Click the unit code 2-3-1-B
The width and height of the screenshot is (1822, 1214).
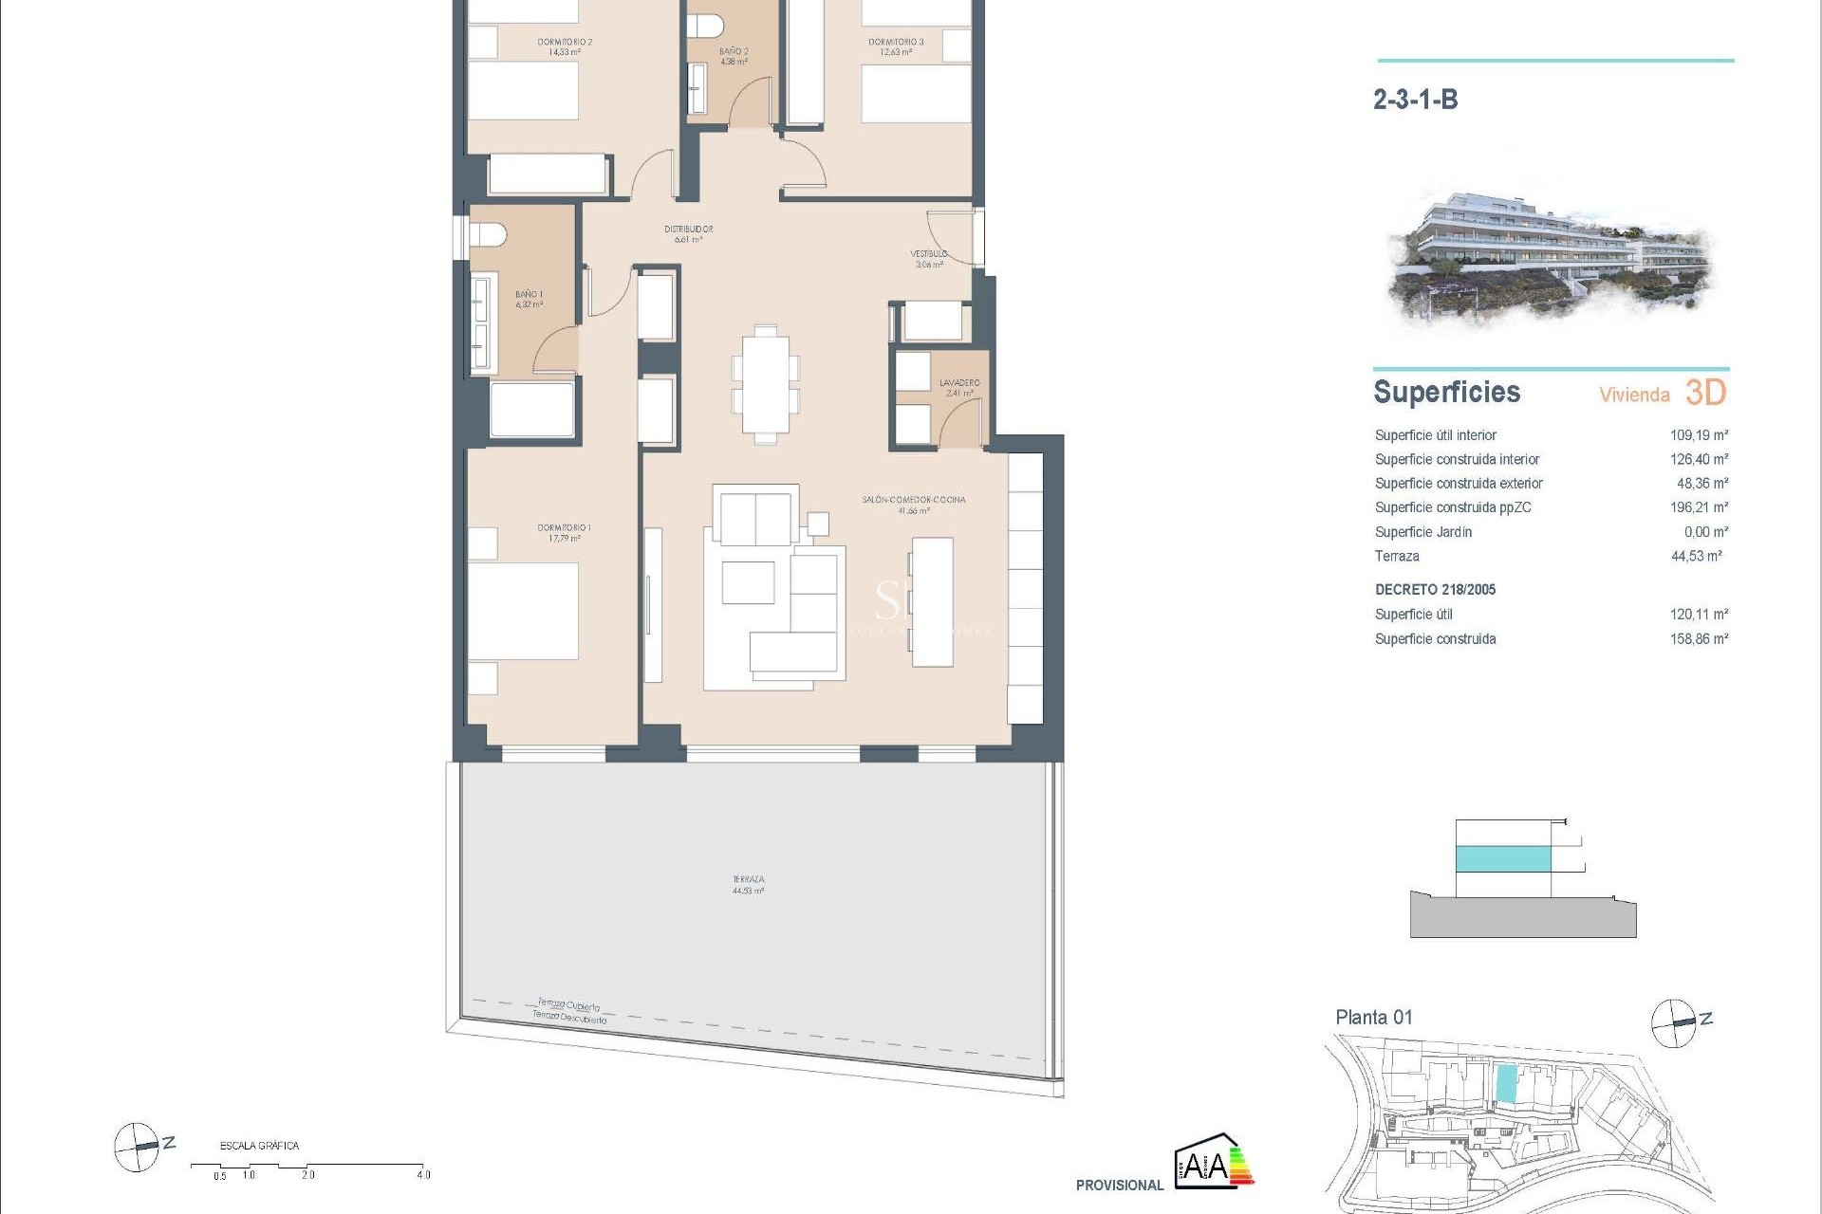pyautogui.click(x=1415, y=100)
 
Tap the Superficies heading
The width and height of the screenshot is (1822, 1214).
pyautogui.click(x=1446, y=393)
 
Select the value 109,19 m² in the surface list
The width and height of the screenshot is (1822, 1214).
pyautogui.click(x=1698, y=435)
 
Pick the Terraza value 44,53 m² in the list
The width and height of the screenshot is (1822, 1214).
pyautogui.click(x=1696, y=557)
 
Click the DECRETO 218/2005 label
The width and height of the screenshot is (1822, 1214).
pyautogui.click(x=1435, y=590)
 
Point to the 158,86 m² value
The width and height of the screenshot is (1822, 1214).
pyautogui.click(x=1698, y=639)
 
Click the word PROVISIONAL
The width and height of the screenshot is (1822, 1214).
pyautogui.click(x=1119, y=1186)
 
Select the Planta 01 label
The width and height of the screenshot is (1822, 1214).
pyautogui.click(x=1373, y=1018)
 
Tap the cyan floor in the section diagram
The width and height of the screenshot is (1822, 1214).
pyautogui.click(x=1503, y=859)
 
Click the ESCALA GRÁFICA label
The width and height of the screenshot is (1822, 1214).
pyautogui.click(x=259, y=1146)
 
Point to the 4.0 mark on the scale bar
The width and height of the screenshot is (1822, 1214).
pyautogui.click(x=423, y=1175)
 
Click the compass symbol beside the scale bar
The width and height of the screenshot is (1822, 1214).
pyautogui.click(x=138, y=1147)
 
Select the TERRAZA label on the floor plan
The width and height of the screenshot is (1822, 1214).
pyautogui.click(x=748, y=880)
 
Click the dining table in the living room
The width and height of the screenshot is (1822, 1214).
pyautogui.click(x=765, y=383)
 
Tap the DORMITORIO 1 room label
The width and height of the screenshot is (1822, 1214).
pyautogui.click(x=564, y=528)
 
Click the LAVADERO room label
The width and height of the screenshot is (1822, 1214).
pyautogui.click(x=958, y=383)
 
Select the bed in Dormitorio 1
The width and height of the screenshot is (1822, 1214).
pyautogui.click(x=523, y=611)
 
